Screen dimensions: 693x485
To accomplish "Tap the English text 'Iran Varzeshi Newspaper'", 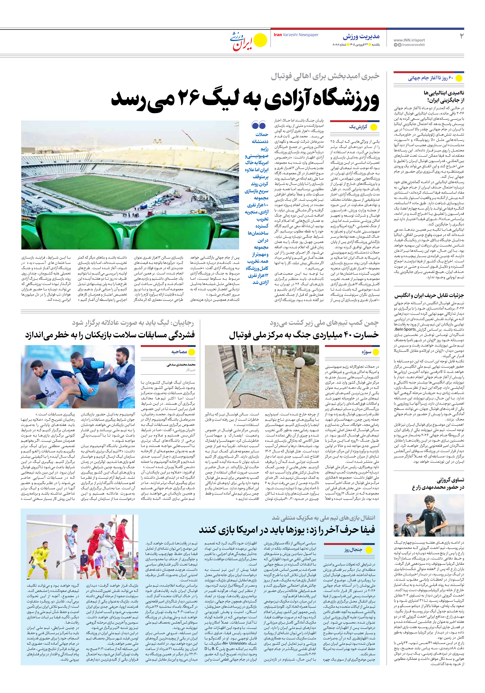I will click(296, 35).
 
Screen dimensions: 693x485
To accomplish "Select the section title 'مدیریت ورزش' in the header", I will click(361, 37).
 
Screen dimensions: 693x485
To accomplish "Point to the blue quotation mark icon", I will click(259, 125).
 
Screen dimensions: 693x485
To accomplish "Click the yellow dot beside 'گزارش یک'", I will click(374, 127).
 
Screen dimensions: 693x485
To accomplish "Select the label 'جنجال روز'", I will click(353, 550).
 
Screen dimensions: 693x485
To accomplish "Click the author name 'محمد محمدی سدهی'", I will click(181, 365).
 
